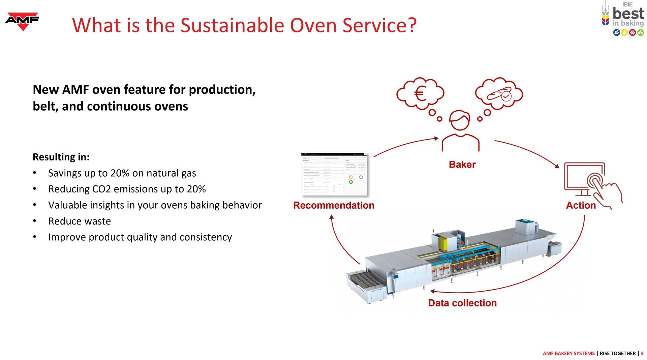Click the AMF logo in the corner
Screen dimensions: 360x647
point(22,21)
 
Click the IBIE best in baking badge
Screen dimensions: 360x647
point(623,19)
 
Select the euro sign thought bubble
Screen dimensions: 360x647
point(420,93)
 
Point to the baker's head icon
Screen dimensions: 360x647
point(460,120)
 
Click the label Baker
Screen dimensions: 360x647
point(462,164)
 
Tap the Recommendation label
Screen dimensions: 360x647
point(334,205)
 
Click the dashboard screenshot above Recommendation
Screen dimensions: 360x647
point(334,174)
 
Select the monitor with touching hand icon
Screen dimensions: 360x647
point(591,184)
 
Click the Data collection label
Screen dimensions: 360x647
point(462,303)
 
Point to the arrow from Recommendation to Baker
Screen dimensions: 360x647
point(404,145)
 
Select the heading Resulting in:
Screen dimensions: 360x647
point(61,157)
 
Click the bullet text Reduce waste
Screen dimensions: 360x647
point(80,221)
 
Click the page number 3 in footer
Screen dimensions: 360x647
point(642,353)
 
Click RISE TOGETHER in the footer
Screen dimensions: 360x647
point(617,353)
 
